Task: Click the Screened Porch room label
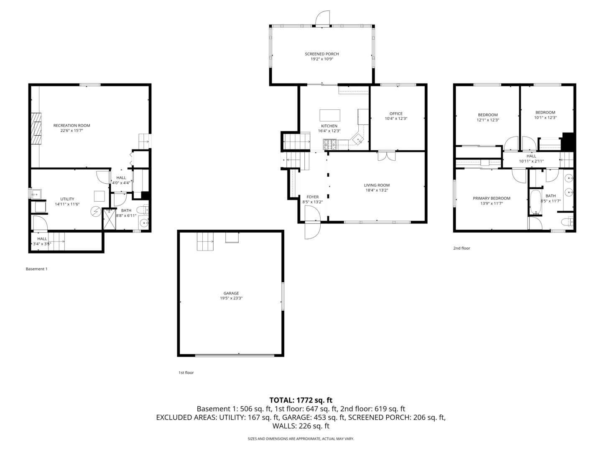pos(321,54)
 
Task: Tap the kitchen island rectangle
pos(330,115)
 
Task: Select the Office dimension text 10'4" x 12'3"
pos(396,119)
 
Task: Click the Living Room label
pos(376,185)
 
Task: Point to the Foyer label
pos(312,197)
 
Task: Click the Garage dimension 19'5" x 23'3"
pos(231,298)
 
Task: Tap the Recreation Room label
pos(71,125)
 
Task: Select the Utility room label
pos(67,199)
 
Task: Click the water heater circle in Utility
pos(97,212)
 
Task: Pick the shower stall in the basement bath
pos(110,219)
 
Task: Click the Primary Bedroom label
pos(491,198)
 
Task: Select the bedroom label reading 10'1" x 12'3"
pos(545,117)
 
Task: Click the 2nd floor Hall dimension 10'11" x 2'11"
pos(531,161)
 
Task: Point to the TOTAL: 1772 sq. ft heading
pos(301,400)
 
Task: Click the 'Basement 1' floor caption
pos(36,269)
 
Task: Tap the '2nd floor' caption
pos(462,248)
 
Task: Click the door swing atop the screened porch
pos(323,18)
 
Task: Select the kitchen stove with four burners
pos(330,144)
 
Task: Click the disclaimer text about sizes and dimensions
pos(301,439)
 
